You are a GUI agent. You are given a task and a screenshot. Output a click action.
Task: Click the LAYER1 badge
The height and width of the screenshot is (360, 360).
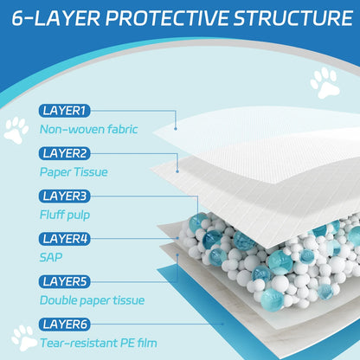click(x=65, y=110)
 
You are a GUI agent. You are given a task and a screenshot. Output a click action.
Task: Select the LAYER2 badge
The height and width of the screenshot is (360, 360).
click(x=65, y=153)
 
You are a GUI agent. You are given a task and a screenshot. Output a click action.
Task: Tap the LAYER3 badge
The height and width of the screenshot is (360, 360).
click(x=65, y=196)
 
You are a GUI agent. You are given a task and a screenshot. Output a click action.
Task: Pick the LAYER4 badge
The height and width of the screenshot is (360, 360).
click(x=65, y=238)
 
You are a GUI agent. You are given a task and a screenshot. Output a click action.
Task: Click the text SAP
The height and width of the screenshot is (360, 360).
click(x=51, y=257)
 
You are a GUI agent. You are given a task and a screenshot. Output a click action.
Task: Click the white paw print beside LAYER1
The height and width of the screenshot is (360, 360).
click(x=16, y=131)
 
